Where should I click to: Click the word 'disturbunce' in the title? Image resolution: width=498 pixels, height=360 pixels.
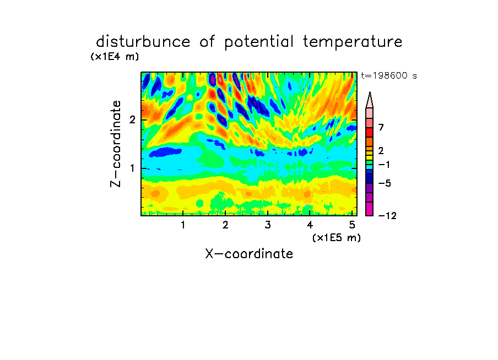click(143, 42)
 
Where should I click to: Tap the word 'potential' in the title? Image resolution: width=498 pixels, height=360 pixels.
click(259, 42)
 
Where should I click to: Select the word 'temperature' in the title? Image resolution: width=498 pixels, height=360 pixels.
click(353, 42)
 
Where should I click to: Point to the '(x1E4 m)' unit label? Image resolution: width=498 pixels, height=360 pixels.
click(115, 57)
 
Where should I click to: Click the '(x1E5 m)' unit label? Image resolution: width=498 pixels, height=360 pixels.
click(337, 237)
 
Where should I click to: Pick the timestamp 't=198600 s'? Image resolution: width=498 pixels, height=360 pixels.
click(389, 75)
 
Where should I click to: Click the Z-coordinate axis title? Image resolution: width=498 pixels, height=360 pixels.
click(116, 144)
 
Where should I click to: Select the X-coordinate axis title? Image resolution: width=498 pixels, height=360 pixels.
click(249, 254)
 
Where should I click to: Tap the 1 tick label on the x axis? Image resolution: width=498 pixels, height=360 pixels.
click(183, 225)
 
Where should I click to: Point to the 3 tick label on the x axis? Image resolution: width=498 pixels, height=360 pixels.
click(268, 225)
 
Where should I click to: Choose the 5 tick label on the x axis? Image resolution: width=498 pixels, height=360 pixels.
click(352, 225)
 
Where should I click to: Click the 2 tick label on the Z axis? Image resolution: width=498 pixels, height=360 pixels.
click(132, 119)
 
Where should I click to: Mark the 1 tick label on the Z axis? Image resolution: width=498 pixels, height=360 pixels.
click(132, 168)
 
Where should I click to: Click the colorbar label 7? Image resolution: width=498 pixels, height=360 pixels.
click(381, 127)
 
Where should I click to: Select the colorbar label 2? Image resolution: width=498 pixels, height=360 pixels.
click(381, 150)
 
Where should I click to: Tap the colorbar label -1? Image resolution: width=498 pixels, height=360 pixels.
click(384, 165)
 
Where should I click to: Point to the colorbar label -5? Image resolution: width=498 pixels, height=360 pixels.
click(385, 183)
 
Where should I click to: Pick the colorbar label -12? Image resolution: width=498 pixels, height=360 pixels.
click(387, 216)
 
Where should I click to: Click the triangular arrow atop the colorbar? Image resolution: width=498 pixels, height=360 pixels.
click(370, 100)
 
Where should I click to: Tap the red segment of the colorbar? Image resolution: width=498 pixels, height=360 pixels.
click(370, 132)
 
